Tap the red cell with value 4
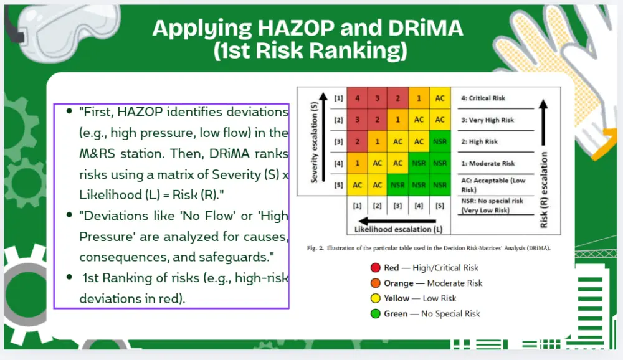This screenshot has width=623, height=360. pyautogui.click(x=357, y=98)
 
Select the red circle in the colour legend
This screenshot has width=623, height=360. pyautogui.click(x=376, y=267)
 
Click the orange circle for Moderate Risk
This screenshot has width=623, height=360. pyautogui.click(x=376, y=283)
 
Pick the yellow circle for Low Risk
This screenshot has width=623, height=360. pyautogui.click(x=376, y=298)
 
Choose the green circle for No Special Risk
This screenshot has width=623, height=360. pyautogui.click(x=376, y=313)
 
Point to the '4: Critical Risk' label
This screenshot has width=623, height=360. pyautogui.click(x=483, y=98)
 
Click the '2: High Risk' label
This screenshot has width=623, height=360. pyautogui.click(x=479, y=141)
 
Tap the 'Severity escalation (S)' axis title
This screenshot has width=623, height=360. pyautogui.click(x=314, y=142)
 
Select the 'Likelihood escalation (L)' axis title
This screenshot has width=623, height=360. pyautogui.click(x=398, y=229)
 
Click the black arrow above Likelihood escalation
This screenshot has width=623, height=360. pyautogui.click(x=397, y=221)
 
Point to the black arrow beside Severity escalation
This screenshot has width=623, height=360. pyautogui.click(x=323, y=137)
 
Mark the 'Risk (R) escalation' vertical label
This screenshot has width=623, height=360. pyautogui.click(x=544, y=190)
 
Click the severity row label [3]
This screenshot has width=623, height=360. pyautogui.click(x=338, y=141)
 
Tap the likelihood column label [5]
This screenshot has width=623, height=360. pyautogui.click(x=439, y=206)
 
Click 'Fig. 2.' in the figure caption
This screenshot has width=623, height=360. pyautogui.click(x=315, y=248)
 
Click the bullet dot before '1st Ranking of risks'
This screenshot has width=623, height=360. pyautogui.click(x=70, y=277)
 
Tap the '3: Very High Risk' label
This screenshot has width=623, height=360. pyautogui.click(x=487, y=120)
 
